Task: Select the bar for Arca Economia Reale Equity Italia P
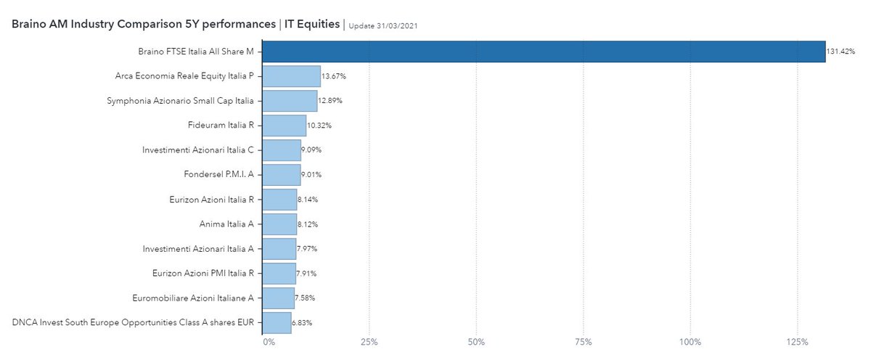(291, 76)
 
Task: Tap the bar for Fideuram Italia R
(284, 126)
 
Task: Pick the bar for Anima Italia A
(279, 224)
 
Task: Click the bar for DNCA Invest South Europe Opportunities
(277, 322)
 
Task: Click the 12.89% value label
(331, 101)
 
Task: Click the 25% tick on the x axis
(369, 342)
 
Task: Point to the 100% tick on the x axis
(690, 342)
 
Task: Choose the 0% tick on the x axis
(269, 342)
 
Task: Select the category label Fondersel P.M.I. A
(218, 174)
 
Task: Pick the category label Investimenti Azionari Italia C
(198, 150)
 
